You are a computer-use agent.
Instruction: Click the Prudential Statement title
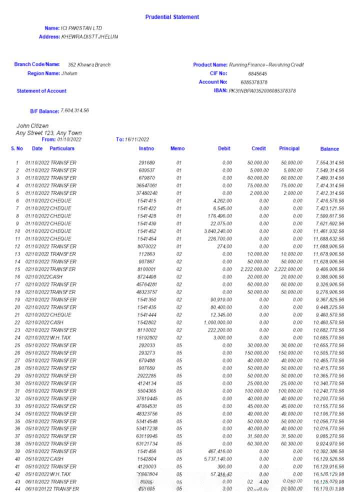pos(172,17)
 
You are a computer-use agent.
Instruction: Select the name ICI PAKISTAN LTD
pos(81,28)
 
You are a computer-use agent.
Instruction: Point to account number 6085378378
pos(253,82)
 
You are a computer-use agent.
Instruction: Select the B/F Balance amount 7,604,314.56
pos(74,110)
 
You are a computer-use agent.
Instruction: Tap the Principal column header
pos(289,148)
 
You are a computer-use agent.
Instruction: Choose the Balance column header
pos(329,149)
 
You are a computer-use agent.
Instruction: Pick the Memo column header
pos(177,148)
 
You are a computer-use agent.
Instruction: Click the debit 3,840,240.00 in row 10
pos(217,231)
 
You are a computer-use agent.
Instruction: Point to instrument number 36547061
pos(146,185)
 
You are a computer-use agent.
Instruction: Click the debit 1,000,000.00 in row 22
pos(217,322)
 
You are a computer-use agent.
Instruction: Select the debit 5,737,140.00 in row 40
pos(217,458)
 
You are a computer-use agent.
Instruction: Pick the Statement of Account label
pos(41,91)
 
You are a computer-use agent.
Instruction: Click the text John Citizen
pos(32,125)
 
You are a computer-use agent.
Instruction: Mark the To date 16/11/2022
pos(137,139)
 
